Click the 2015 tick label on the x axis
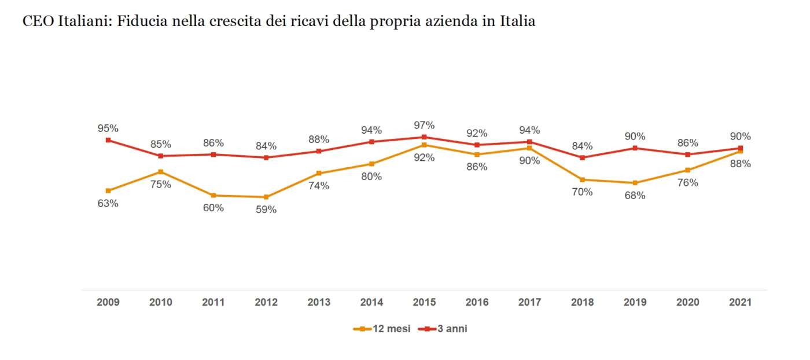coord(424,302)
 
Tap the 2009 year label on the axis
coord(108,302)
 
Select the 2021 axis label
coord(740,302)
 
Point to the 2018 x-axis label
coord(582,302)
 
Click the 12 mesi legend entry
coord(382,329)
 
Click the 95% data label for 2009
coord(108,128)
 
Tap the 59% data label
coord(266,210)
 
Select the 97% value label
coord(424,125)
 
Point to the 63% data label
coord(108,203)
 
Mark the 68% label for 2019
coord(635,196)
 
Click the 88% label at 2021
coord(740,164)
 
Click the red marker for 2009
coord(108,140)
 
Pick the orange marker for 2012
coord(266,197)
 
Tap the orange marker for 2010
coord(161,172)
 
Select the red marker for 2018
coord(582,157)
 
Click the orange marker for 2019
coord(635,183)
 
